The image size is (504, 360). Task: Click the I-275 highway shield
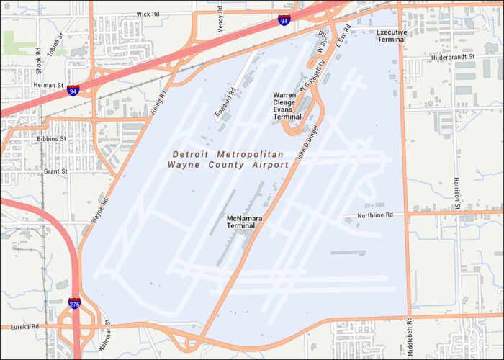click(x=75, y=303)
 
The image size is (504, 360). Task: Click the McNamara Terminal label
click(x=241, y=222)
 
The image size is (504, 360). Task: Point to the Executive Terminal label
click(x=392, y=36)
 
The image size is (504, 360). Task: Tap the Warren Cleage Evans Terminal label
click(x=287, y=106)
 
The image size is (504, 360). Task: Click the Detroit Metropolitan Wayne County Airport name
click(x=228, y=160)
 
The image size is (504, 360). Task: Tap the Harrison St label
click(x=456, y=195)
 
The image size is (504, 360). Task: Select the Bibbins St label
click(x=53, y=138)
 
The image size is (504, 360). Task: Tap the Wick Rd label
click(x=148, y=14)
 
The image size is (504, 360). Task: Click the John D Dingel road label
click(x=307, y=143)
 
